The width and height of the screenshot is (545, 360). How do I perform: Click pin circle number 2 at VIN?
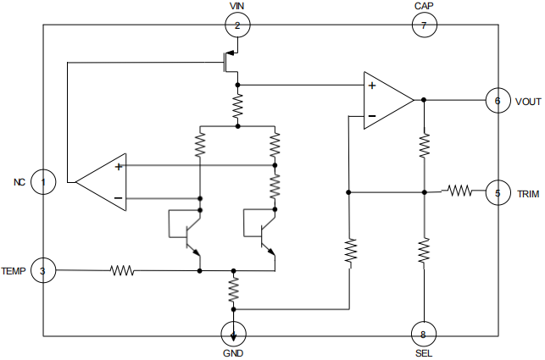click(x=237, y=26)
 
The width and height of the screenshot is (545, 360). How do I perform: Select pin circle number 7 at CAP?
click(x=424, y=26)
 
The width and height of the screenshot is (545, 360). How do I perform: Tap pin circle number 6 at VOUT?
click(x=498, y=101)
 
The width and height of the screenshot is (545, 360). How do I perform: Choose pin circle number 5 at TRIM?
click(x=498, y=192)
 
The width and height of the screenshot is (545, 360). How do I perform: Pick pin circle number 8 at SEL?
click(x=423, y=332)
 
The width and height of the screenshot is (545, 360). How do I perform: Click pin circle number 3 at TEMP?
click(x=43, y=271)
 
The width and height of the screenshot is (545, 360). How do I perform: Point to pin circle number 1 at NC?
click(x=43, y=181)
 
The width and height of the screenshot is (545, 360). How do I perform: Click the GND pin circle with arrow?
click(x=233, y=332)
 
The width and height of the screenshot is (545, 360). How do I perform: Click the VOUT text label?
click(x=527, y=102)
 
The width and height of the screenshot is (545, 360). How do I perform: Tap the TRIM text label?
click(x=528, y=193)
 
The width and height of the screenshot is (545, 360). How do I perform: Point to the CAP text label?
click(x=425, y=7)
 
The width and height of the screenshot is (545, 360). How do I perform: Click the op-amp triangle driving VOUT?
click(x=387, y=101)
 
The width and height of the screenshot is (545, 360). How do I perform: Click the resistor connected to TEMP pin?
click(x=122, y=271)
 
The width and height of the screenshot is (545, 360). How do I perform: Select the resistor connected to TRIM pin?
click(x=459, y=191)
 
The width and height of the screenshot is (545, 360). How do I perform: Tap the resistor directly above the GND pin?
click(x=233, y=291)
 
